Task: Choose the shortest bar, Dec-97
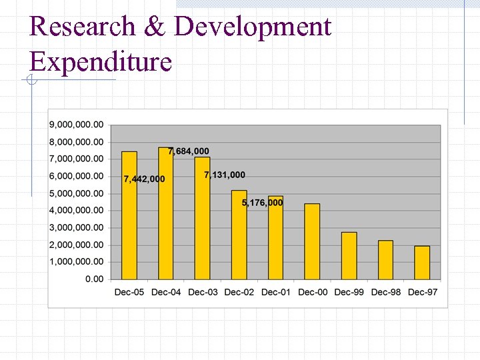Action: [x=422, y=263]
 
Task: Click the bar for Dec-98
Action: [x=385, y=260]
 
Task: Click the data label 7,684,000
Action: [x=189, y=151]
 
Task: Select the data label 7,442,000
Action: [x=144, y=179]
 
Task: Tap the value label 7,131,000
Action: [x=225, y=175]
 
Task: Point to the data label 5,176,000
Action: [x=262, y=203]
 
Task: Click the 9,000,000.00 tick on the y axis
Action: [x=76, y=125]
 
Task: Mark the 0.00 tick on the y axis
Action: [x=94, y=279]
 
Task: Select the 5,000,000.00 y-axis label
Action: [x=76, y=193]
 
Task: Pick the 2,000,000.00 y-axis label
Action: [x=76, y=245]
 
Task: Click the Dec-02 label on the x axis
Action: [x=239, y=292]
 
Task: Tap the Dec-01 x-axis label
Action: [x=275, y=292]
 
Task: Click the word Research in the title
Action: [x=82, y=27]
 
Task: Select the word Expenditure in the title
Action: [x=101, y=62]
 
